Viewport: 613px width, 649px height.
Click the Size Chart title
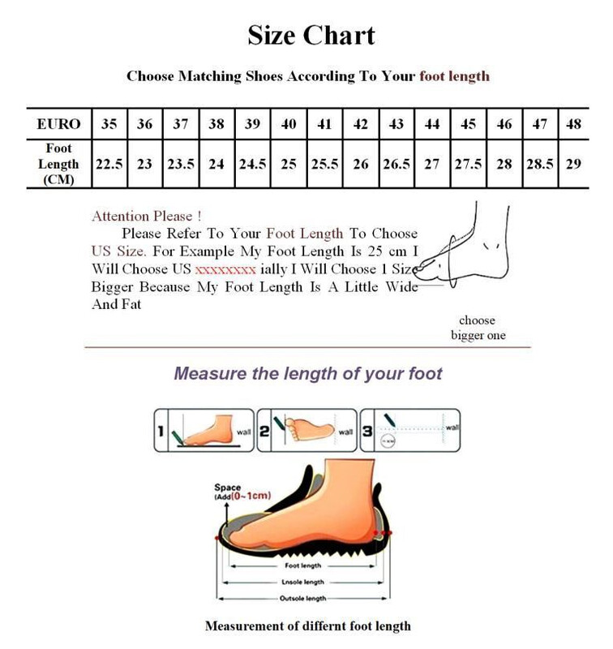311,36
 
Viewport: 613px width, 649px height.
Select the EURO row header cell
59,124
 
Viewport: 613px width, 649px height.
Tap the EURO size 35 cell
109,124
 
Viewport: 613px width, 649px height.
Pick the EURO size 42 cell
361,124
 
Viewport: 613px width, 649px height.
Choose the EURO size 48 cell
574,124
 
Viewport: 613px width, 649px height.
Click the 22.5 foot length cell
109,164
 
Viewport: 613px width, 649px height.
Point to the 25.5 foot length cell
324,164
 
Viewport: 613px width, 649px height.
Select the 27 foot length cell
432,164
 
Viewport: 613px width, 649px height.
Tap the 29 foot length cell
574,164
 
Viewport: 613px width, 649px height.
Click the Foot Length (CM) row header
59,164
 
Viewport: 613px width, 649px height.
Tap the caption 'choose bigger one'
478,328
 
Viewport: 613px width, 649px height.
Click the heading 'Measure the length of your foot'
308,374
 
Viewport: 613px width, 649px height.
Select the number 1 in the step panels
162,432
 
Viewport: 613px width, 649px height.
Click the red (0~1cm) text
251,495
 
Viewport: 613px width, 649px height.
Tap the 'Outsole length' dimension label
303,599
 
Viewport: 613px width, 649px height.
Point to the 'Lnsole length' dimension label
303,582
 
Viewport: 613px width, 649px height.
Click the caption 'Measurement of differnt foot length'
307,626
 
